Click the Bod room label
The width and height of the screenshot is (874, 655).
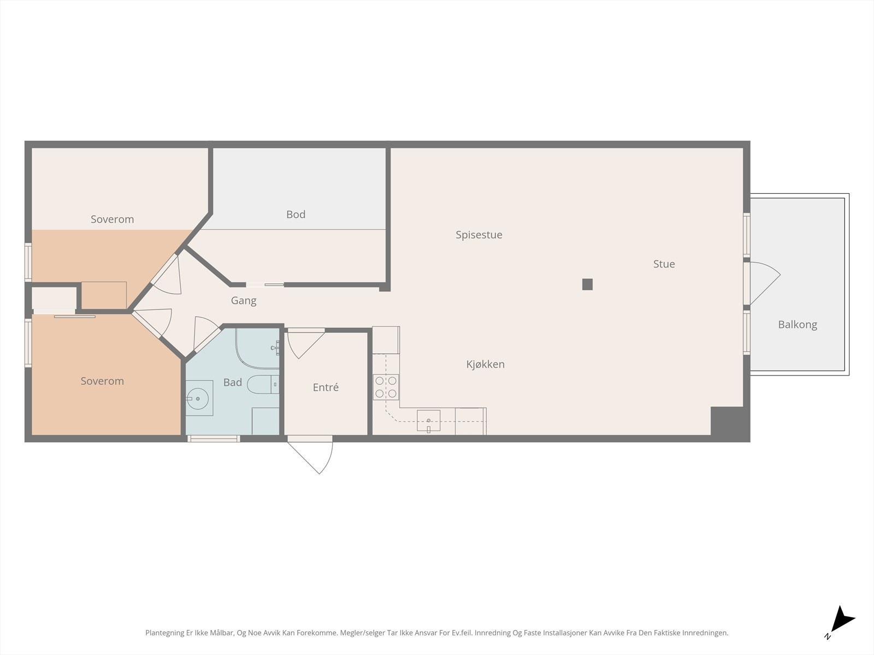click(x=296, y=215)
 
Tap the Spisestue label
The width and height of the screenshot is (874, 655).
click(x=479, y=235)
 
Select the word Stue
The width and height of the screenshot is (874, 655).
click(x=664, y=264)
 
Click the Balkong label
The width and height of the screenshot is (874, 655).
click(x=797, y=325)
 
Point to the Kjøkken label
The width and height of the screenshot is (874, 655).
click(x=485, y=364)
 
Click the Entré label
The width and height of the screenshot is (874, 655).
click(x=326, y=388)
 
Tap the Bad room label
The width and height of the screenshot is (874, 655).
click(x=232, y=383)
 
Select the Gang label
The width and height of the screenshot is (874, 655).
click(x=243, y=301)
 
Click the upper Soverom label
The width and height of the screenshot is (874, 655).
click(x=112, y=219)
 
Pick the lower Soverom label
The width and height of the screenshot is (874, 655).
click(x=102, y=381)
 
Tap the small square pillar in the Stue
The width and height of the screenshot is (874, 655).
click(x=587, y=284)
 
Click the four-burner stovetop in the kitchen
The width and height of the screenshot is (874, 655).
click(x=386, y=387)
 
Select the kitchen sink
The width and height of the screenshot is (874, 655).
click(x=428, y=420)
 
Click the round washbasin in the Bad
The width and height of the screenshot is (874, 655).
click(x=198, y=399)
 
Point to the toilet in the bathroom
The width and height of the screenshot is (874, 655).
click(x=262, y=385)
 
